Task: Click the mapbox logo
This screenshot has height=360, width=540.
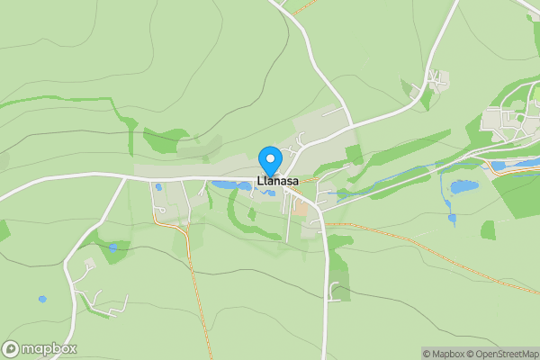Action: click(x=40, y=348)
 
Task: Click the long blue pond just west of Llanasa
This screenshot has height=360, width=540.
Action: click(x=231, y=185)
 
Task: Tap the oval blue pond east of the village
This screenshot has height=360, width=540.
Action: click(x=463, y=187)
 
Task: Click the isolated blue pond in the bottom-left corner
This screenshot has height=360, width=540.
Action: click(x=42, y=299)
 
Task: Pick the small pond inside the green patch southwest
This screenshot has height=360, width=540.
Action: click(x=112, y=247)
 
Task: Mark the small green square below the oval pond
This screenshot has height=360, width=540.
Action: click(x=488, y=230)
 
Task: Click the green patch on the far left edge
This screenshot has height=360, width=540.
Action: click(x=4, y=229)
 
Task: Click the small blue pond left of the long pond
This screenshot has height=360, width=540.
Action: click(x=158, y=187)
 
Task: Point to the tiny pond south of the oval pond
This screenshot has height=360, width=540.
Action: click(x=451, y=217)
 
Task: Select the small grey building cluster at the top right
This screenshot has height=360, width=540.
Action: click(x=436, y=81)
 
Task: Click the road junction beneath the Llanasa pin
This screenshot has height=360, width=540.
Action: click(x=281, y=178)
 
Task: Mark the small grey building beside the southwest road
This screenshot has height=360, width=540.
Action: click(x=88, y=265)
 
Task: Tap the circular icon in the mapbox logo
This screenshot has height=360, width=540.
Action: click(x=12, y=348)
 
